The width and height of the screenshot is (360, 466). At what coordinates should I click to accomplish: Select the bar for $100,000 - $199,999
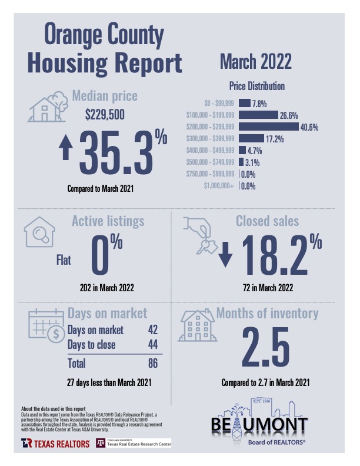pyautogui.click(x=258, y=115)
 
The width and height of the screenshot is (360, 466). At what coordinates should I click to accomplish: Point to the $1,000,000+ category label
pyautogui.click(x=218, y=186)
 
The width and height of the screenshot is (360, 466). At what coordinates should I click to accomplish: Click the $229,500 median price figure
pyautogui.click(x=105, y=115)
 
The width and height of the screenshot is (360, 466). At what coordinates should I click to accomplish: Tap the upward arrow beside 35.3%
pyautogui.click(x=66, y=149)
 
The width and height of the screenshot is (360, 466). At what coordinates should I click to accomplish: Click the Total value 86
pyautogui.click(x=152, y=364)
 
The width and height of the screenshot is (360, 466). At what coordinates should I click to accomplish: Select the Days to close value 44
pyautogui.click(x=152, y=345)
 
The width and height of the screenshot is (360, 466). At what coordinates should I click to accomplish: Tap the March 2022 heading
pyautogui.click(x=255, y=61)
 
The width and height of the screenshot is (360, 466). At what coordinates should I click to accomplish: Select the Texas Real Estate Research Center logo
pyautogui.click(x=134, y=442)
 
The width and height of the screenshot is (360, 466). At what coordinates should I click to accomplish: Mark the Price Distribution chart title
pyautogui.click(x=255, y=86)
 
